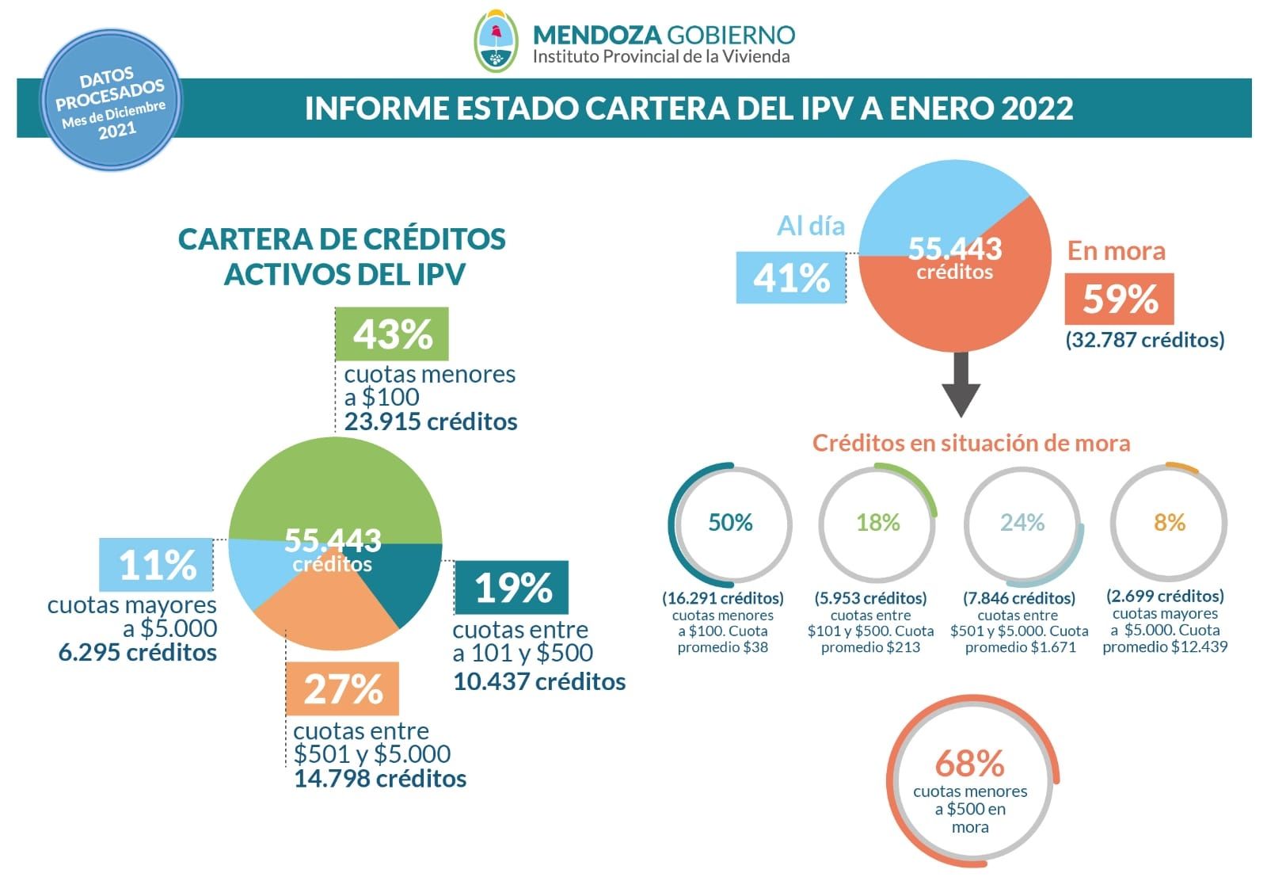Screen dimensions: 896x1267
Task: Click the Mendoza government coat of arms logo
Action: pyautogui.click(x=496, y=42)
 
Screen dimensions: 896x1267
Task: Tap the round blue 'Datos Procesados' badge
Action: pyautogui.click(x=111, y=102)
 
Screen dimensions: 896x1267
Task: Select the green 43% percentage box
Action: pyautogui.click(x=392, y=334)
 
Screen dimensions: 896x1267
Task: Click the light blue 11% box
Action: pyautogui.click(x=156, y=565)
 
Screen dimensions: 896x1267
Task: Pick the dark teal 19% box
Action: pyautogui.click(x=512, y=588)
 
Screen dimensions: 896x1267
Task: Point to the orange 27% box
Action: pyautogui.click(x=342, y=688)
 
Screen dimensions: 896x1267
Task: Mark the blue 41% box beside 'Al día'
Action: pyautogui.click(x=790, y=278)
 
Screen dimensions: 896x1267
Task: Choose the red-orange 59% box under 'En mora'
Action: pyautogui.click(x=1119, y=299)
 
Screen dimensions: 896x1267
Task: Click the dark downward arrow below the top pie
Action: pyautogui.click(x=961, y=384)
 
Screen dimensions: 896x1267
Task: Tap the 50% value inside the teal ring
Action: pyautogui.click(x=730, y=523)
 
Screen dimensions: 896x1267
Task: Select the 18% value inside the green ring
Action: pyautogui.click(x=877, y=523)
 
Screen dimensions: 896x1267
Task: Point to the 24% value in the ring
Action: pyautogui.click(x=1022, y=523)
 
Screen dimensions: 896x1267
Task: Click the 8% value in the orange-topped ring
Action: pyautogui.click(x=1169, y=523)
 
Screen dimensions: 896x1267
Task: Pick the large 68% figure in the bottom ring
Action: pyautogui.click(x=969, y=764)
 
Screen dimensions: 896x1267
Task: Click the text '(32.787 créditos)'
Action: pyautogui.click(x=1144, y=340)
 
